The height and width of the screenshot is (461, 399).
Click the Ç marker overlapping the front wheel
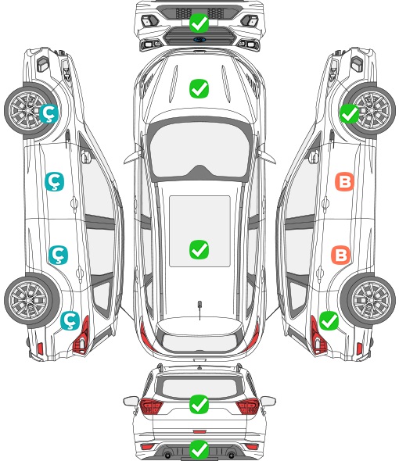[49, 113]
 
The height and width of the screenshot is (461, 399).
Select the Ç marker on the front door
[54, 181]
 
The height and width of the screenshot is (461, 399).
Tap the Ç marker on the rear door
[58, 255]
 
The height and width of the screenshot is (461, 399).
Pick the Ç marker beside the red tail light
[70, 320]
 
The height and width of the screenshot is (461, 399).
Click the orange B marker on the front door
[344, 181]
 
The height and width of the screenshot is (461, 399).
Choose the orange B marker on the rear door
[341, 255]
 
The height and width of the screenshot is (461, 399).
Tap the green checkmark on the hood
[199, 88]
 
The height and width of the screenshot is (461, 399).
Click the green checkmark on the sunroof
[199, 249]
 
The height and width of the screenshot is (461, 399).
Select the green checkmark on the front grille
[199, 23]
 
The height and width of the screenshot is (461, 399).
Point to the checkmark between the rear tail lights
[199, 404]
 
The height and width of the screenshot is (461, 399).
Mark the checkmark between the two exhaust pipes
[199, 449]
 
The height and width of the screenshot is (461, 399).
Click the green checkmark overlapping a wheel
[350, 113]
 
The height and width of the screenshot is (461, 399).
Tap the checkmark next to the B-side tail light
[329, 320]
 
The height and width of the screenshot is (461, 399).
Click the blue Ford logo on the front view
[199, 39]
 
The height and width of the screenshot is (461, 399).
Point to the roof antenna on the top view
[199, 308]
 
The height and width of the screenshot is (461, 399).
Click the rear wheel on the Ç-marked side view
[31, 301]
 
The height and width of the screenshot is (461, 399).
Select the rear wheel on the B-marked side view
[368, 301]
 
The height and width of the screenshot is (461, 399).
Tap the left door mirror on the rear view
[131, 401]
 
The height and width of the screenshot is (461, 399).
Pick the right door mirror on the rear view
[268, 401]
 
